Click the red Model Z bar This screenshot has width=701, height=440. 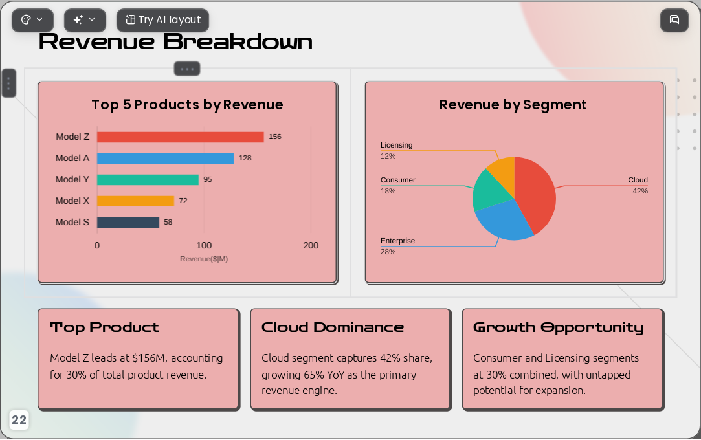point(180,137)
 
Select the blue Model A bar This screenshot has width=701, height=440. point(166,159)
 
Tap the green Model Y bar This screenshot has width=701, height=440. point(148,180)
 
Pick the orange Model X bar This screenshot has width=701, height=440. point(135,201)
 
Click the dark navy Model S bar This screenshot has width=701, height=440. point(128,223)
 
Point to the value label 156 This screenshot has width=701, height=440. point(275,137)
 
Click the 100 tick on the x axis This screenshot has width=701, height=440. point(204,245)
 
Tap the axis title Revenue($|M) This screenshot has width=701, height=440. point(204,259)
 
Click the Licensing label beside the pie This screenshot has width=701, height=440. point(397,145)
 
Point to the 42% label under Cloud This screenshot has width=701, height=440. point(640,191)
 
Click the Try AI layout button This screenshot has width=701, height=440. point(162,20)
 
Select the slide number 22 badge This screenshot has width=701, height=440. point(19,420)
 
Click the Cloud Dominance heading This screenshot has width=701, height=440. point(333,327)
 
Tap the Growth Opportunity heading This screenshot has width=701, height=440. point(559,328)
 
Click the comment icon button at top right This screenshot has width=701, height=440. point(674,20)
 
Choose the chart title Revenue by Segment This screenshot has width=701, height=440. point(513,105)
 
